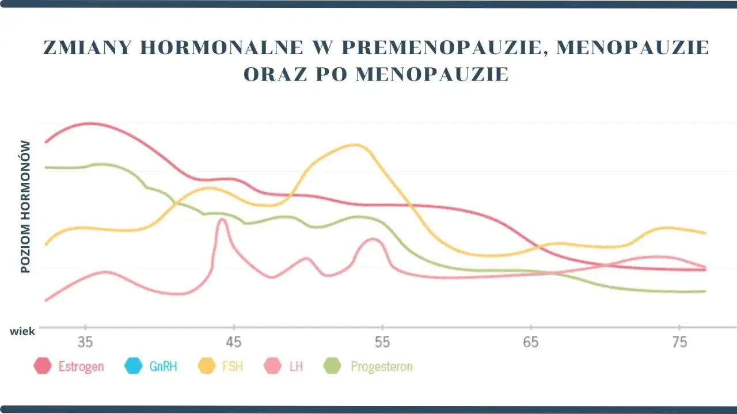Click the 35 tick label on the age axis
pyautogui.click(x=85, y=343)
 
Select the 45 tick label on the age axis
pyautogui.click(x=233, y=343)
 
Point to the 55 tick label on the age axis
pyautogui.click(x=382, y=343)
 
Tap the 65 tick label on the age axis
pyautogui.click(x=530, y=343)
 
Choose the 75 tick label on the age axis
pyautogui.click(x=679, y=343)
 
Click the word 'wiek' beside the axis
pyautogui.click(x=22, y=331)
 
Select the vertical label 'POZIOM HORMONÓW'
pyautogui.click(x=25, y=207)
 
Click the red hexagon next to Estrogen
pyautogui.click(x=43, y=366)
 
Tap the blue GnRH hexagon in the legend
pyautogui.click(x=133, y=366)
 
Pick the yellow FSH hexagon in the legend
pyautogui.click(x=206, y=366)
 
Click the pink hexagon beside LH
pyautogui.click(x=272, y=366)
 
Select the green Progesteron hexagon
pyautogui.click(x=333, y=366)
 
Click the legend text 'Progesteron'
pyautogui.click(x=381, y=366)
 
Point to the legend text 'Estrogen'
pyautogui.click(x=81, y=366)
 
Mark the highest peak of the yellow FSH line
pyautogui.click(x=356, y=145)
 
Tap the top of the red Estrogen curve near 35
pyautogui.click(x=91, y=123)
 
